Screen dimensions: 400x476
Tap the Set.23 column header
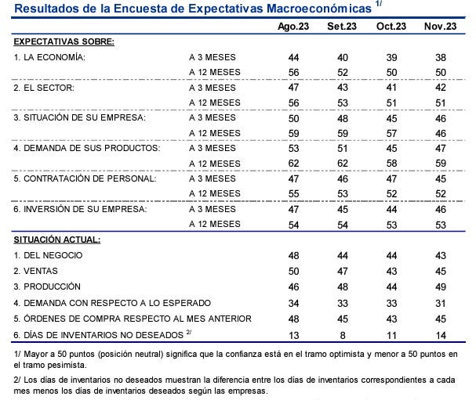[342, 27]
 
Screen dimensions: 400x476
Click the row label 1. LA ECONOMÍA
[49, 57]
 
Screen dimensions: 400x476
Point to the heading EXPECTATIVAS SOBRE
[64, 41]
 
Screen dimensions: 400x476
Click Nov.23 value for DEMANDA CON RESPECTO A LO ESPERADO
[440, 303]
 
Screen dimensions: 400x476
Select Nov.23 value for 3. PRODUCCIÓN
[440, 286]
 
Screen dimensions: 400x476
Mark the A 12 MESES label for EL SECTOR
[215, 103]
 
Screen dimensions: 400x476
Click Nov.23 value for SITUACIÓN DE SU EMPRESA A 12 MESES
[440, 133]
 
